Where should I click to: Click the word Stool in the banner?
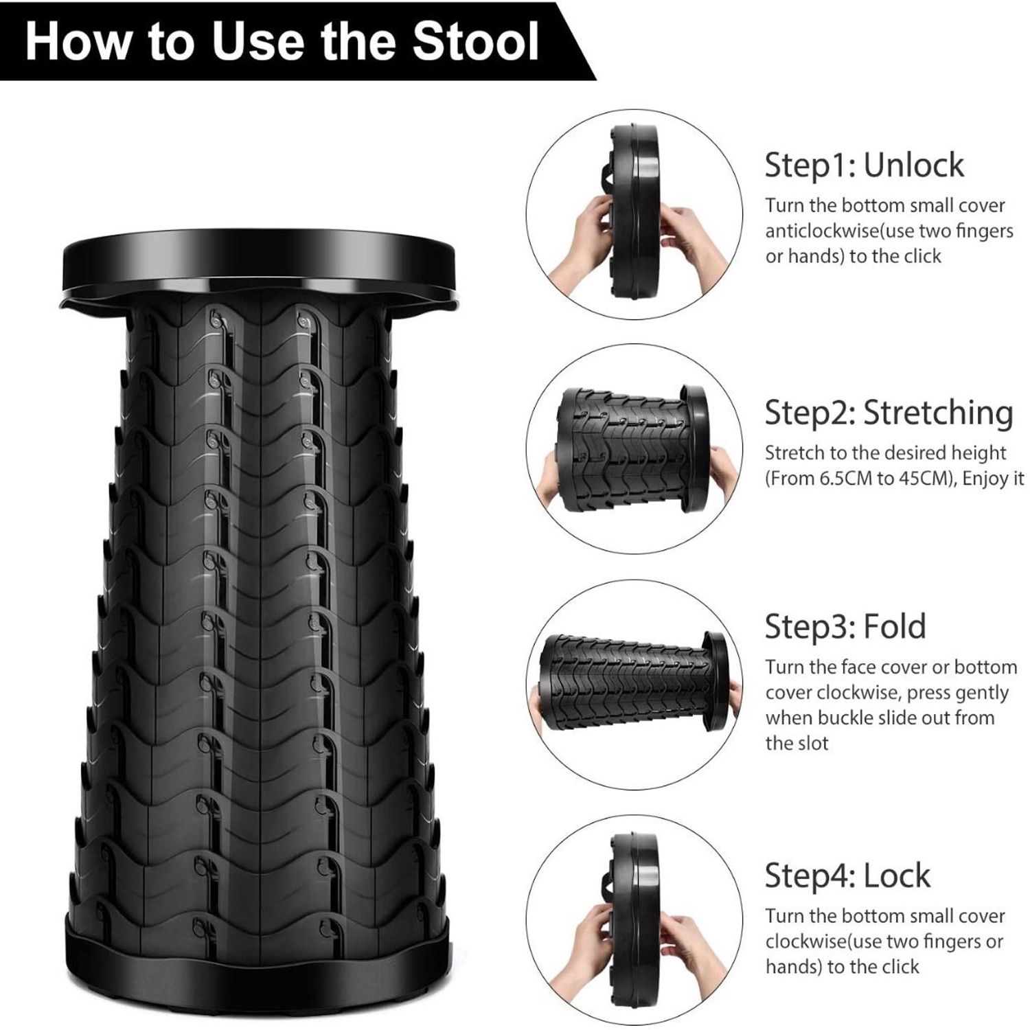click(x=475, y=41)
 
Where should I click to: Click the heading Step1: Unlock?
click(x=864, y=165)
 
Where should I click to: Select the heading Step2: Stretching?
click(x=889, y=413)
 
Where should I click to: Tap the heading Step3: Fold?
click(x=845, y=626)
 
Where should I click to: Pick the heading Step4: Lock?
click(x=847, y=875)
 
